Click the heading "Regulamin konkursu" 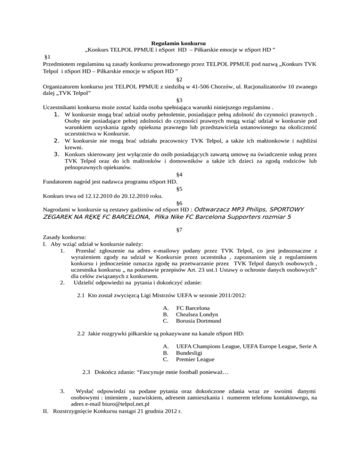click(180, 44)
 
